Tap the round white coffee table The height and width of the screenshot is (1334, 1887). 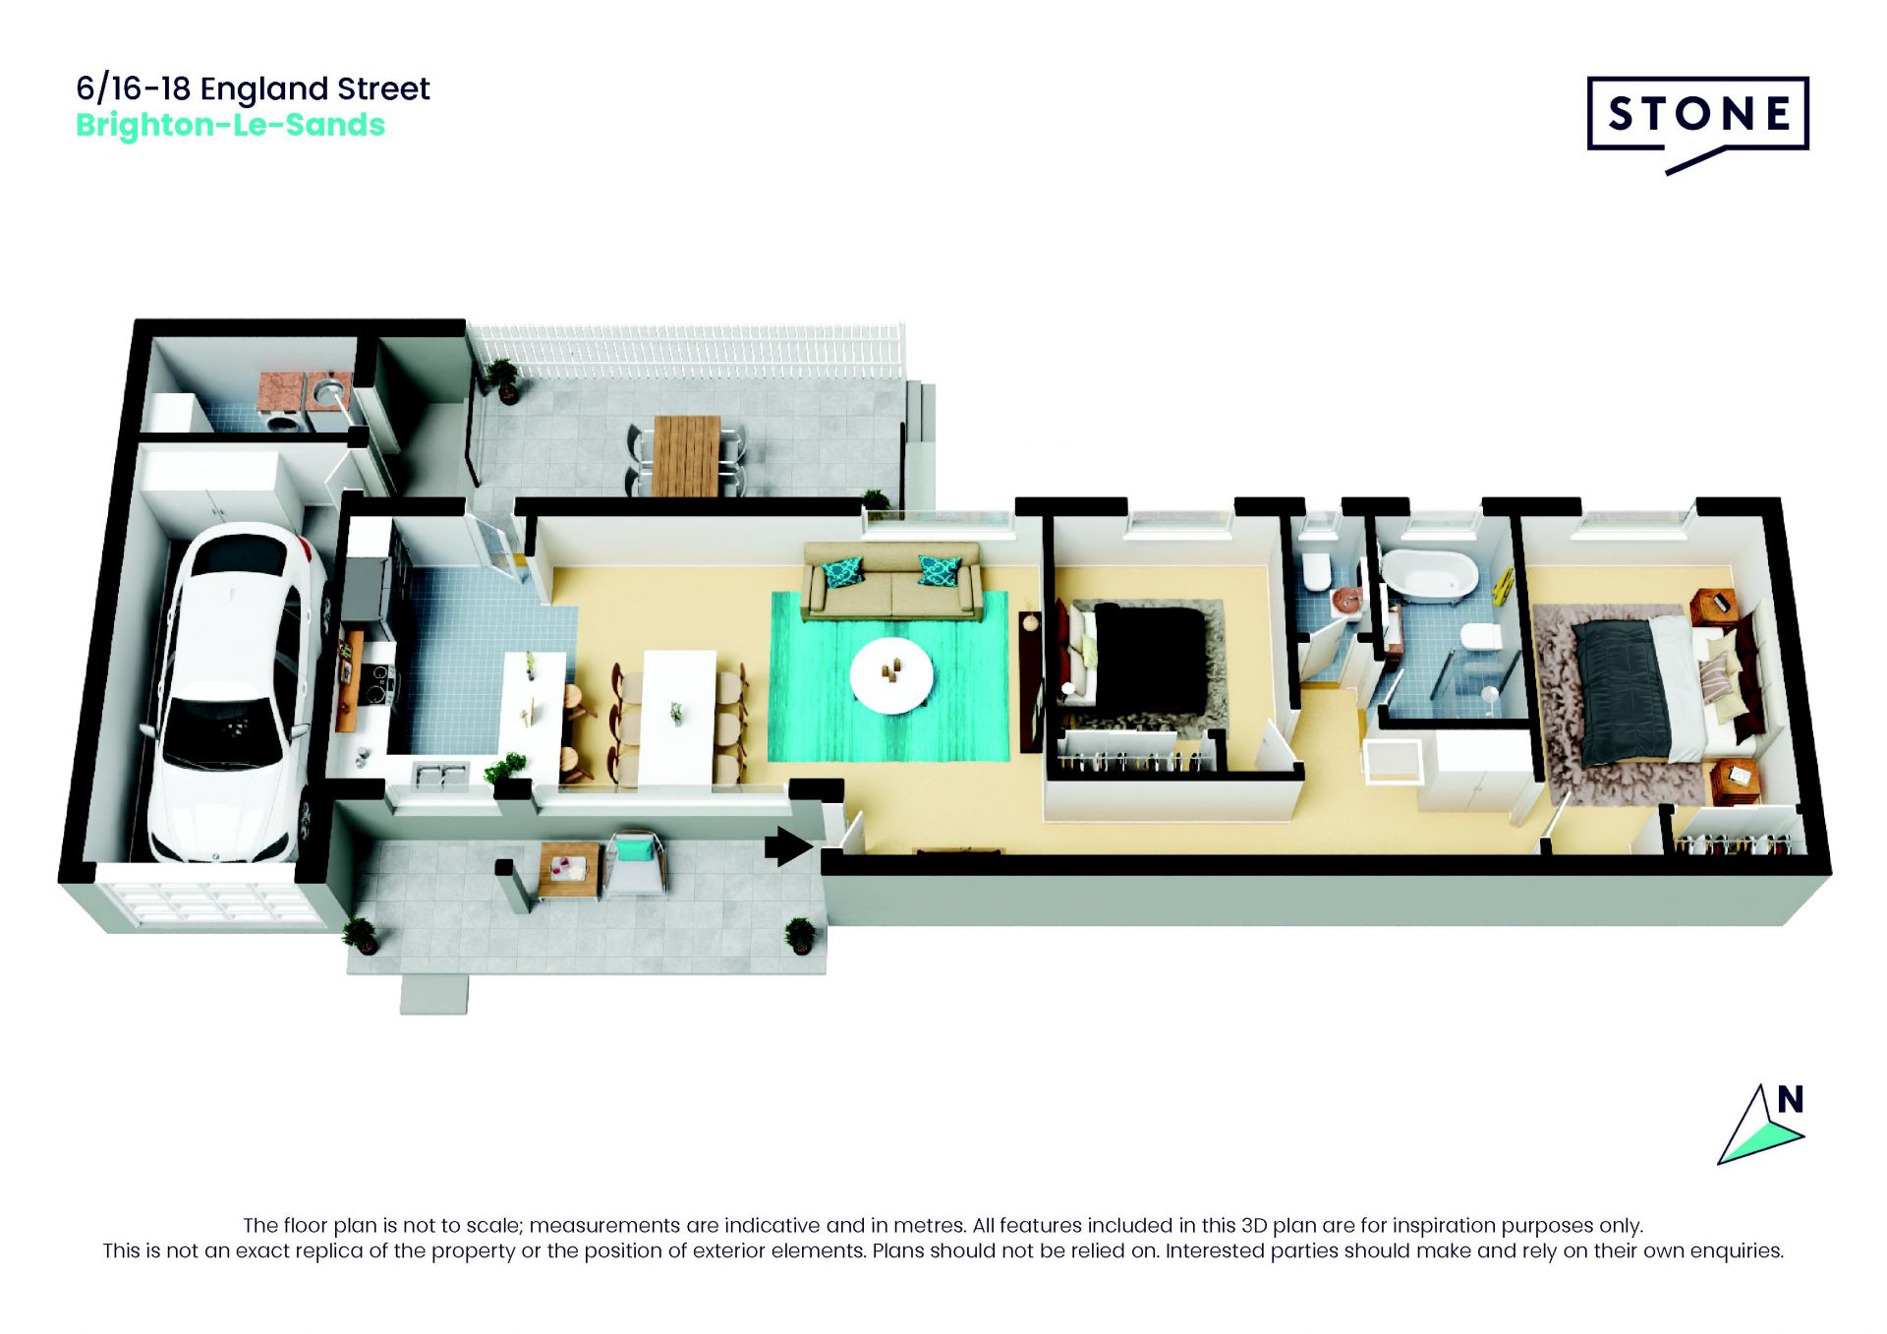(891, 674)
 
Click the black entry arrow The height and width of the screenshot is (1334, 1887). (788, 845)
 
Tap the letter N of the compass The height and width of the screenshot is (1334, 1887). (1791, 1099)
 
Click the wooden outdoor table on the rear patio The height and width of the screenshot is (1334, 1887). (687, 455)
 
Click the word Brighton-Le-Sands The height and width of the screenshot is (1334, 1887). (230, 126)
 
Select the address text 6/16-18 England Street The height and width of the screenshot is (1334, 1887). (253, 88)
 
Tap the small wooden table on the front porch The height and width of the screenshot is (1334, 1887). (568, 870)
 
